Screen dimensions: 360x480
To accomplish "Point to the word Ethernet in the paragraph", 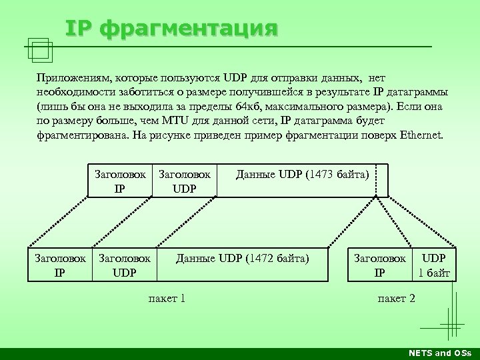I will click(421, 135).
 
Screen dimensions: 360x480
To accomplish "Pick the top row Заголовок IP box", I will click(120, 181).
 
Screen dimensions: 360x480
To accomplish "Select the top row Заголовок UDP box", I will click(184, 181).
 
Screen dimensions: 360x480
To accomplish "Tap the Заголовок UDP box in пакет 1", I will click(125, 265).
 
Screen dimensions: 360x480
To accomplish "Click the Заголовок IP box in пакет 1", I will click(60, 265).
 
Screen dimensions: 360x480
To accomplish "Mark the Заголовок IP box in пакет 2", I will click(379, 265).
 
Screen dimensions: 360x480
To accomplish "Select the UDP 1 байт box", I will click(434, 265).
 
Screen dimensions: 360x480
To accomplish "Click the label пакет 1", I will click(167, 298).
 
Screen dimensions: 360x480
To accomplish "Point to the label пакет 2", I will click(396, 298).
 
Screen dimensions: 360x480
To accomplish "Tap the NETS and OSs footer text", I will click(439, 353).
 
